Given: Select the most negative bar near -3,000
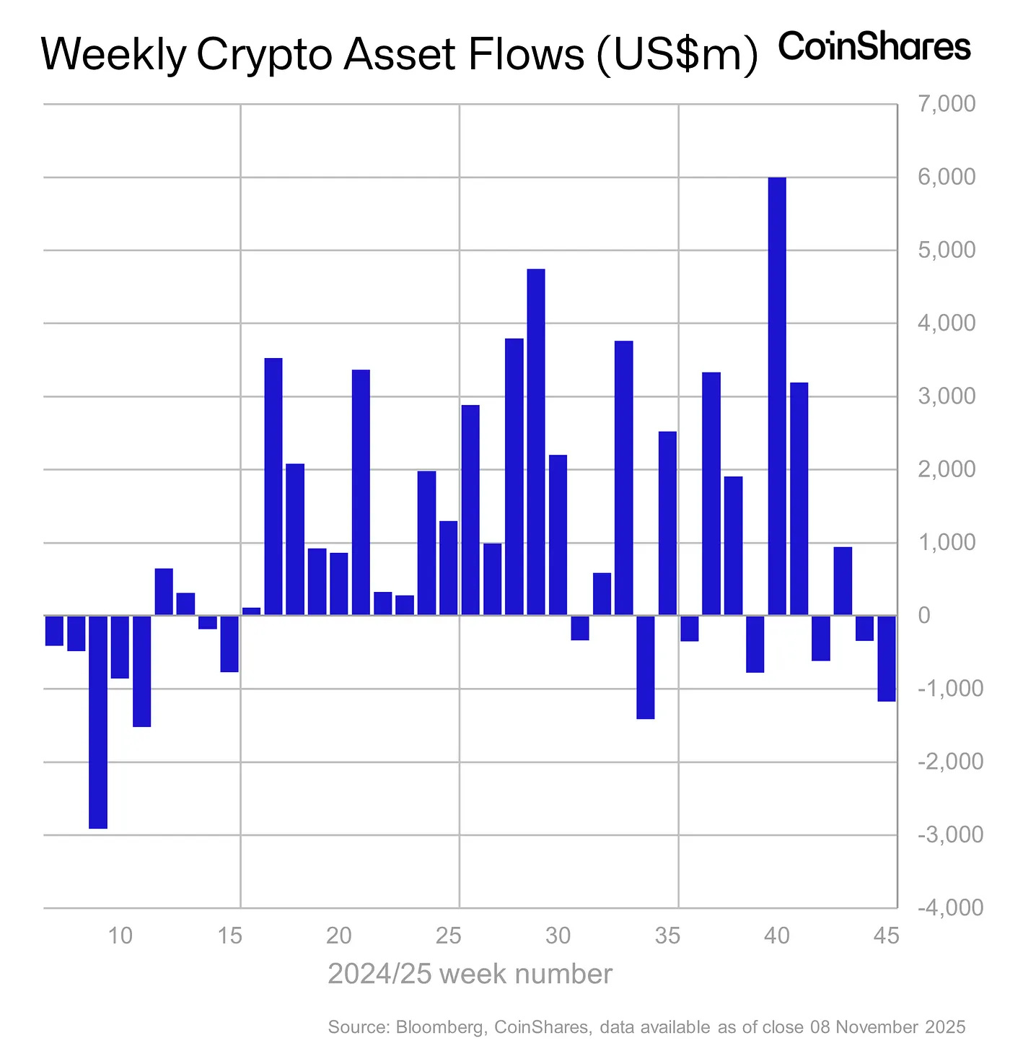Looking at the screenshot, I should click(98, 722).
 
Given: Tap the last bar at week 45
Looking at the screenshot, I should click(887, 658).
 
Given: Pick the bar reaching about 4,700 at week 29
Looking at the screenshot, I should click(536, 442).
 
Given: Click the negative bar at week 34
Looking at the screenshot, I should click(646, 667).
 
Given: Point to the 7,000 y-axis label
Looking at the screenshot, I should click(946, 104).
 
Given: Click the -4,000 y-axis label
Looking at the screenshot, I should click(949, 907).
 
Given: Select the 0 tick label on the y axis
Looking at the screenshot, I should click(925, 616).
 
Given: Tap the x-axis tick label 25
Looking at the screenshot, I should click(449, 936).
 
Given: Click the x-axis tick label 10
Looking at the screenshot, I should click(120, 936).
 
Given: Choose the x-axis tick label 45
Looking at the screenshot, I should click(887, 936).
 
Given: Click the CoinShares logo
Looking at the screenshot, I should click(874, 48).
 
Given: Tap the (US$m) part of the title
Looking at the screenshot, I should click(677, 55).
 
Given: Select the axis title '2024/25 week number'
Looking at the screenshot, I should click(470, 974).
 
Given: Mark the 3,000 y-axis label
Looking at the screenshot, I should click(946, 396).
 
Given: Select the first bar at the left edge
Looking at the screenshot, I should click(55, 630).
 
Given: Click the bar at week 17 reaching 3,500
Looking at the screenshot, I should click(273, 487).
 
